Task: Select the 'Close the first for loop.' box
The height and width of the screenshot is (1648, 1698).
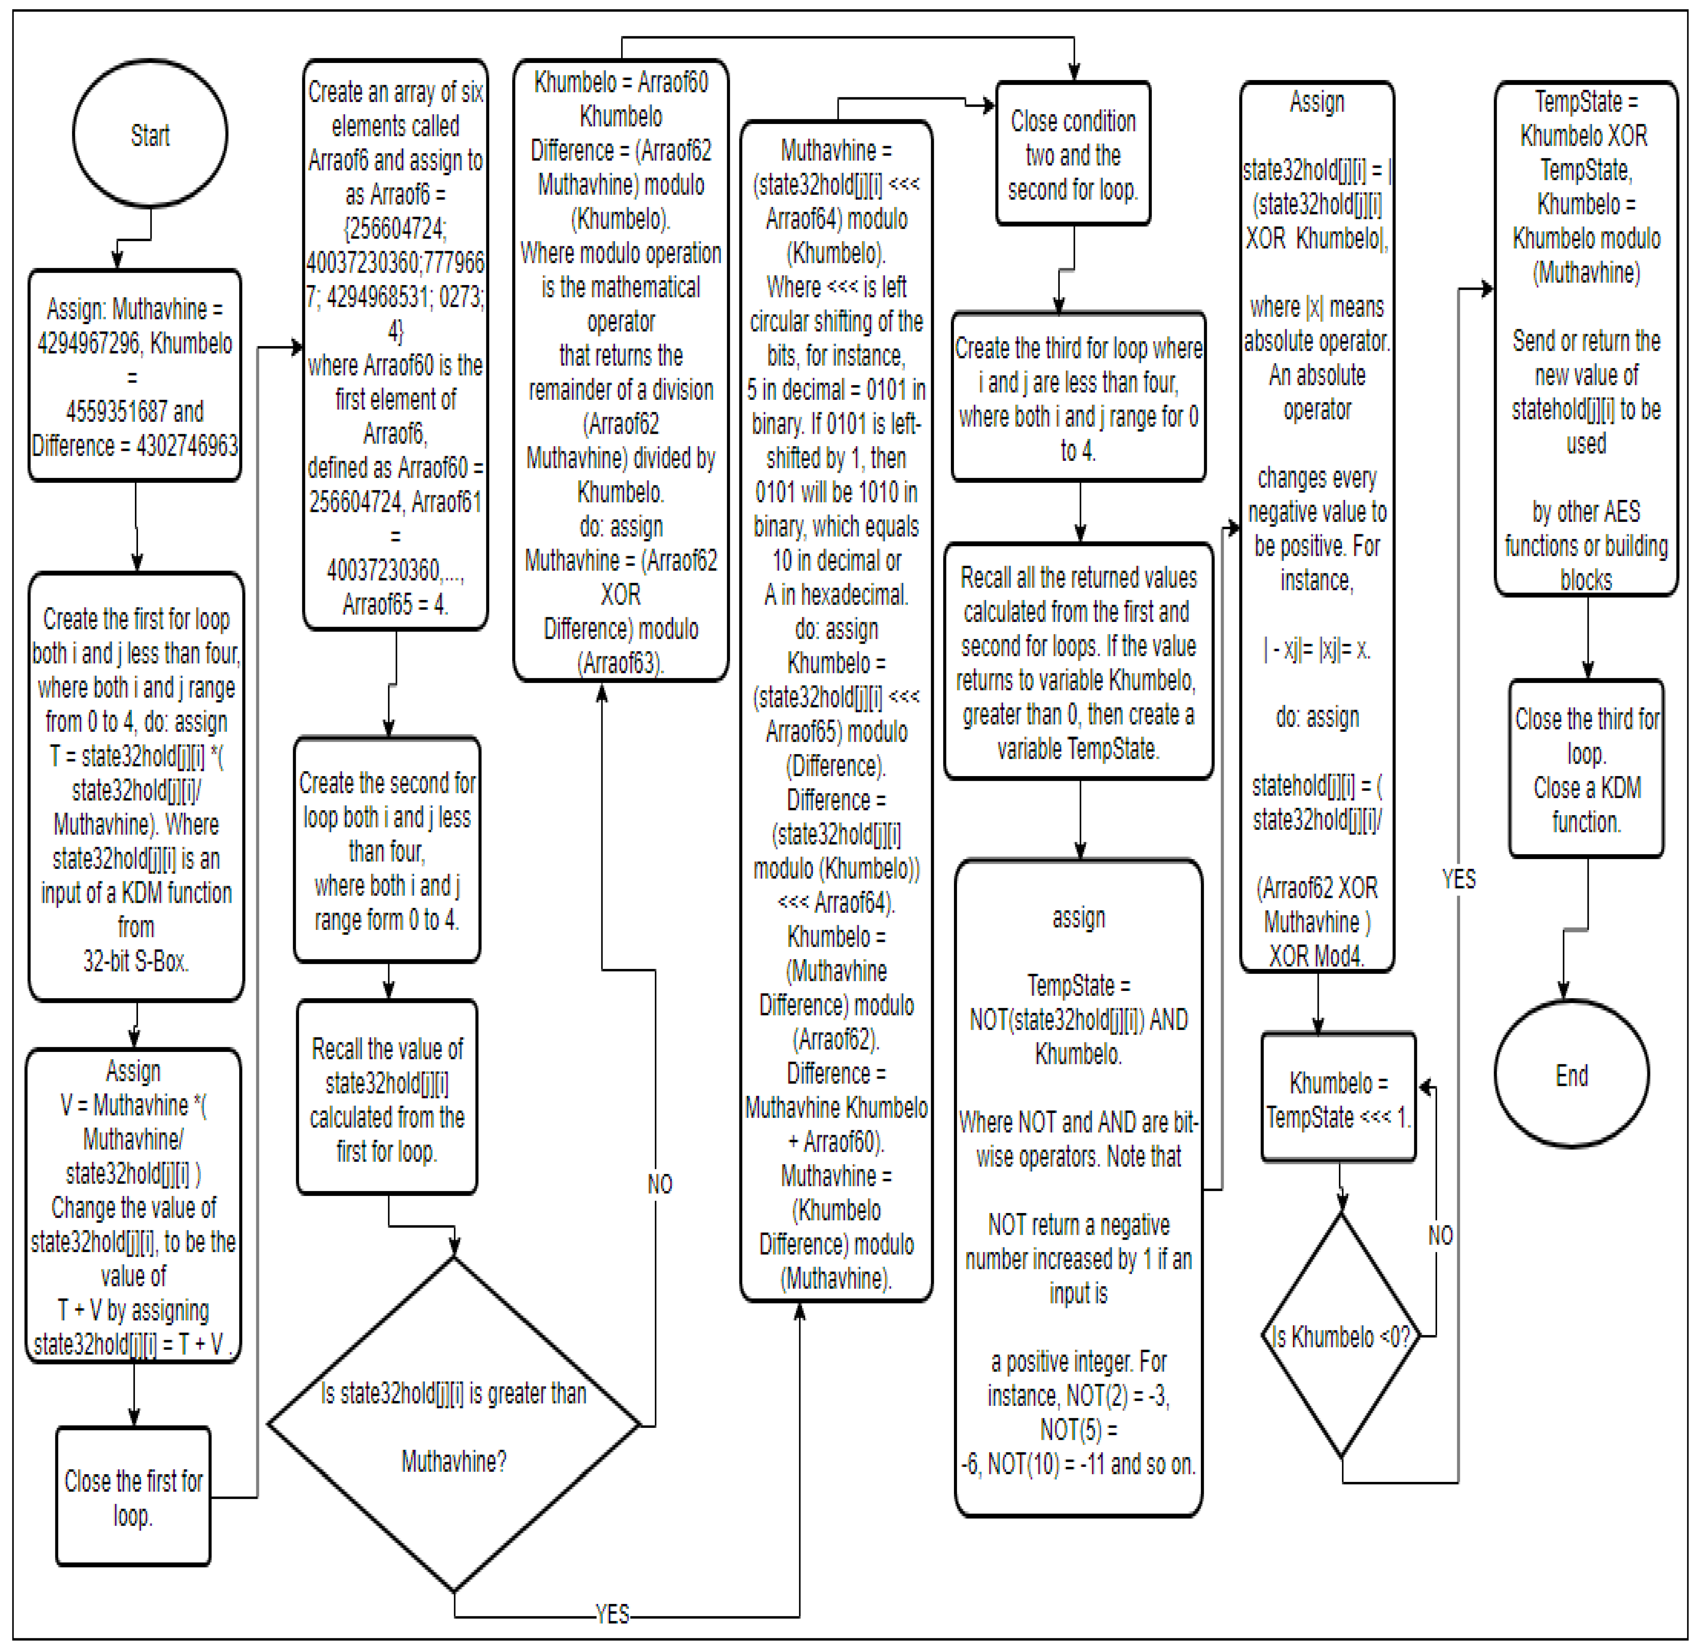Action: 133,1497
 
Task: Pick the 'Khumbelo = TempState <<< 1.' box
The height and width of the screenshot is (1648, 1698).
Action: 1339,1099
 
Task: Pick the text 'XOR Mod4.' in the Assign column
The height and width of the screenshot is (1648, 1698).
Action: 1316,956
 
